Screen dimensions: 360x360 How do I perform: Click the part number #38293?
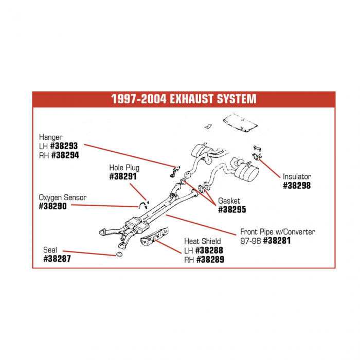(64, 146)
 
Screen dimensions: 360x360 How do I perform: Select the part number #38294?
(65, 155)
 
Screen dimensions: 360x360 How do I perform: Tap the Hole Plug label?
(124, 168)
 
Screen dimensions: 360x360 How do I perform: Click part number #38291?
(123, 176)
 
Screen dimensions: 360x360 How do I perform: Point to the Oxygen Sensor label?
(63, 197)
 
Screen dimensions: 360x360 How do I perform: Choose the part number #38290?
(53, 206)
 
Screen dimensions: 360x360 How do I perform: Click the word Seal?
(50, 250)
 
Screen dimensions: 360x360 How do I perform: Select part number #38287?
(57, 259)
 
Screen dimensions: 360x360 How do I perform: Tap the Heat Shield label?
(203, 241)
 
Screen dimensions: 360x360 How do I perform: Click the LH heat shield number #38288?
(209, 250)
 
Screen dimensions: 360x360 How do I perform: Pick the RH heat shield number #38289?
(210, 260)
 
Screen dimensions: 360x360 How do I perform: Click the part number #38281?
(277, 241)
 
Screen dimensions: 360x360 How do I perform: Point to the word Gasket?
(229, 201)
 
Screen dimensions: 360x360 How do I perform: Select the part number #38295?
(232, 209)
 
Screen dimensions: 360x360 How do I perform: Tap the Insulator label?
(297, 176)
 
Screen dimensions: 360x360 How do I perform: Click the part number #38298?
(297, 186)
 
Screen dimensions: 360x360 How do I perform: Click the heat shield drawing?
(154, 236)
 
